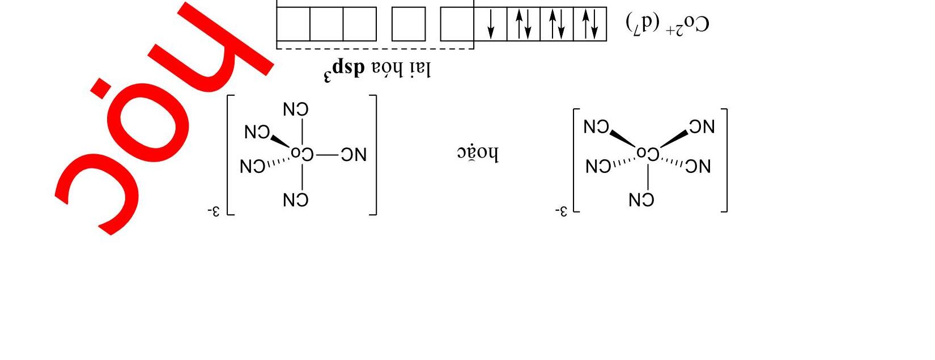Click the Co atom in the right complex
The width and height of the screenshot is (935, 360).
click(648, 154)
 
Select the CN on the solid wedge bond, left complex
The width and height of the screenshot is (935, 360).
click(257, 132)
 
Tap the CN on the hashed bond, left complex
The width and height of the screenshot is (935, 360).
click(253, 166)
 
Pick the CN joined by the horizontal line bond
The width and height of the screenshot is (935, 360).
click(354, 154)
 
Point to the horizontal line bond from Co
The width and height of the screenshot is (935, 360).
click(326, 154)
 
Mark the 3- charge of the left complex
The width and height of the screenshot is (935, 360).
click(214, 211)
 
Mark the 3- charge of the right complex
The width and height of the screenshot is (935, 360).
click(560, 211)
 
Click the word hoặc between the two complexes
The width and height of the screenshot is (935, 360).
click(478, 154)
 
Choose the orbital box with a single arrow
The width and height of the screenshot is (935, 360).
click(490, 24)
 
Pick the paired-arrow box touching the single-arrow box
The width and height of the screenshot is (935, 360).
click(524, 24)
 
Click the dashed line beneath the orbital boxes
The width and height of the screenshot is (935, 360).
click(374, 49)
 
